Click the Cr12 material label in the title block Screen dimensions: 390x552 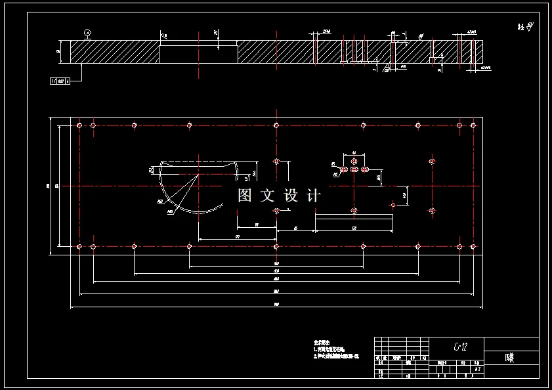[461, 346]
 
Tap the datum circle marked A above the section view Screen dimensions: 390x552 [87, 32]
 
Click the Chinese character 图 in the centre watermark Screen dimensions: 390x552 [245, 195]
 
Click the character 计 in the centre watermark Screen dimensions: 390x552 [313, 195]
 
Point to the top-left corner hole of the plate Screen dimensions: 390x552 [79, 125]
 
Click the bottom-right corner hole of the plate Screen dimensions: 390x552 [472, 246]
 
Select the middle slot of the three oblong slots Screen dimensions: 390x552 [354, 169]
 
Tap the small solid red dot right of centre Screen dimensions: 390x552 [393, 204]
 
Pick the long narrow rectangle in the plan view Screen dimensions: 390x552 [354, 223]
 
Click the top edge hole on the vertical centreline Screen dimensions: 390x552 [276, 125]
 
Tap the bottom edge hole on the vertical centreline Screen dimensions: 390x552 [276, 246]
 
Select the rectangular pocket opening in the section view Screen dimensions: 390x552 [198, 52]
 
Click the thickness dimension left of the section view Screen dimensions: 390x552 [58, 52]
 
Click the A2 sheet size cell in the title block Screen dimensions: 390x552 [478, 370]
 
